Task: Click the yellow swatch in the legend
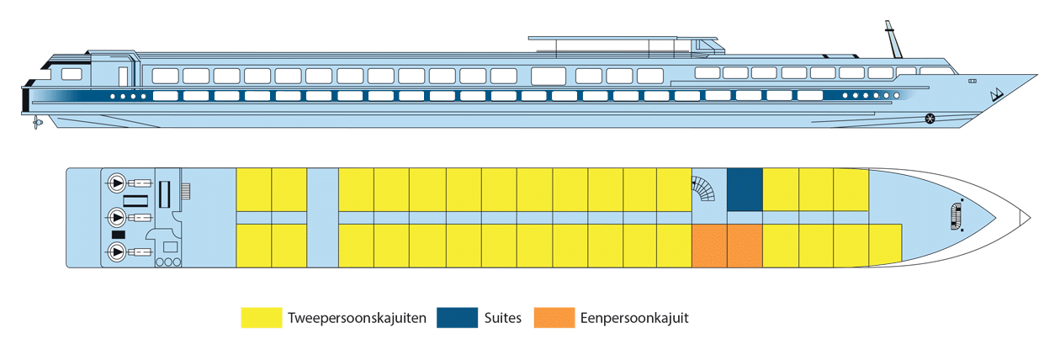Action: (260, 318)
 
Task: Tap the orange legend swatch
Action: (554, 318)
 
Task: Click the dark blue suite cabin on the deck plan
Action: (745, 189)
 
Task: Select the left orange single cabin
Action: (709, 246)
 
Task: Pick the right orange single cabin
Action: (745, 246)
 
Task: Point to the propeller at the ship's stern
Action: (36, 124)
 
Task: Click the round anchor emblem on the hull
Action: (930, 117)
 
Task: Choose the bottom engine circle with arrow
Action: (116, 251)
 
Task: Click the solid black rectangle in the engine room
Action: (118, 234)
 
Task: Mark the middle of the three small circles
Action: (168, 262)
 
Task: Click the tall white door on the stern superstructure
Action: (123, 76)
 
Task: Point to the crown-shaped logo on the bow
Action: (996, 94)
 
